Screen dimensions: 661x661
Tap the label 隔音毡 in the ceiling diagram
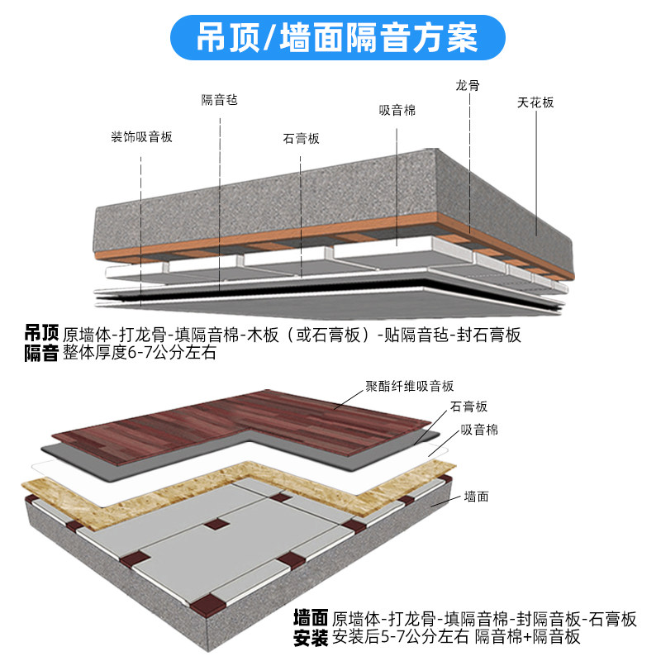[x=219, y=99]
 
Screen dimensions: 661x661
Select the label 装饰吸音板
[x=142, y=138]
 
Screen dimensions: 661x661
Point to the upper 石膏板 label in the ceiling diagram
[x=301, y=139]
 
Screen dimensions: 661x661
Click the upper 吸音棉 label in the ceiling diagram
[x=397, y=110]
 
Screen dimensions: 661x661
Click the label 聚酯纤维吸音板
[x=410, y=386]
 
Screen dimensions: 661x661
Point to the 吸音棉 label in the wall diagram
[x=479, y=430]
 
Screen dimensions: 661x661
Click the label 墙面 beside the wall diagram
[x=477, y=497]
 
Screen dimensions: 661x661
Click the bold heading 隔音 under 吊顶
[x=41, y=354]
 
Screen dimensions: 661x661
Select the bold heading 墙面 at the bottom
[x=311, y=618]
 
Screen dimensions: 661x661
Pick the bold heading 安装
[x=311, y=637]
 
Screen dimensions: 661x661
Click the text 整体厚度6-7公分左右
[x=139, y=354]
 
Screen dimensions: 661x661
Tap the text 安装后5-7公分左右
[x=401, y=637]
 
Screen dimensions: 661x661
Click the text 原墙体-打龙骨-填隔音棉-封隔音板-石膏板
[x=484, y=618]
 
